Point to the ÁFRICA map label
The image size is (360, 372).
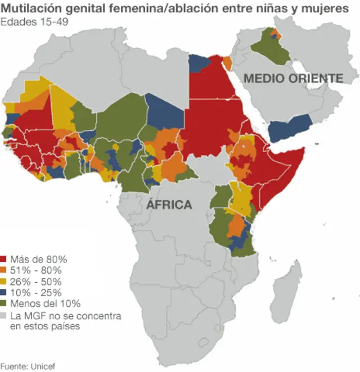pos(169,205)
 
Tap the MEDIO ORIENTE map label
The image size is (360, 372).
pos(292,78)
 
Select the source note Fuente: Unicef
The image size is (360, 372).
pos(28,366)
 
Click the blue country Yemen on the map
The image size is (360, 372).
pos(290,127)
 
